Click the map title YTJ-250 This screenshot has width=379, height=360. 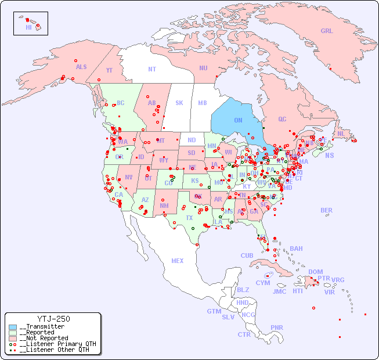[53, 319]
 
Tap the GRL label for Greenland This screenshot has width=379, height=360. [327, 31]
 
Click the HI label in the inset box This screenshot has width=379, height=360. [28, 27]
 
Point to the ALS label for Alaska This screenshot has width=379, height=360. [81, 67]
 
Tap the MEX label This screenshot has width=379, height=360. [178, 261]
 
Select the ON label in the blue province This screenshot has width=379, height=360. [238, 120]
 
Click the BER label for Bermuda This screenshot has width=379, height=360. [327, 210]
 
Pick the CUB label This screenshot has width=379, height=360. [247, 255]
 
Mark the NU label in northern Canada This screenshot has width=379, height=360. [203, 68]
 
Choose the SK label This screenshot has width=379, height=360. [179, 103]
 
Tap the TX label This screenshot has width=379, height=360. [189, 218]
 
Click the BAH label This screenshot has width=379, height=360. [296, 249]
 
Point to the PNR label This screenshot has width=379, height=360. [277, 327]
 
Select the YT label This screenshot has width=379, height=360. [109, 70]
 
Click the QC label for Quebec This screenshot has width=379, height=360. [282, 119]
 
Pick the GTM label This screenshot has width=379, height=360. [214, 311]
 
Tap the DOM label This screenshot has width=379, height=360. [315, 272]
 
